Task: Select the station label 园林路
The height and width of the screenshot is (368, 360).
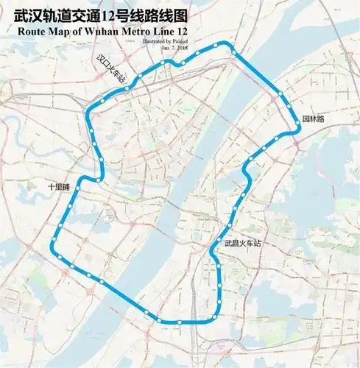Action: (x=313, y=118)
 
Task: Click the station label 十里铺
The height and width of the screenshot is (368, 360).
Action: (x=57, y=187)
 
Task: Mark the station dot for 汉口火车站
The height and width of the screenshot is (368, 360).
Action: (x=127, y=88)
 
